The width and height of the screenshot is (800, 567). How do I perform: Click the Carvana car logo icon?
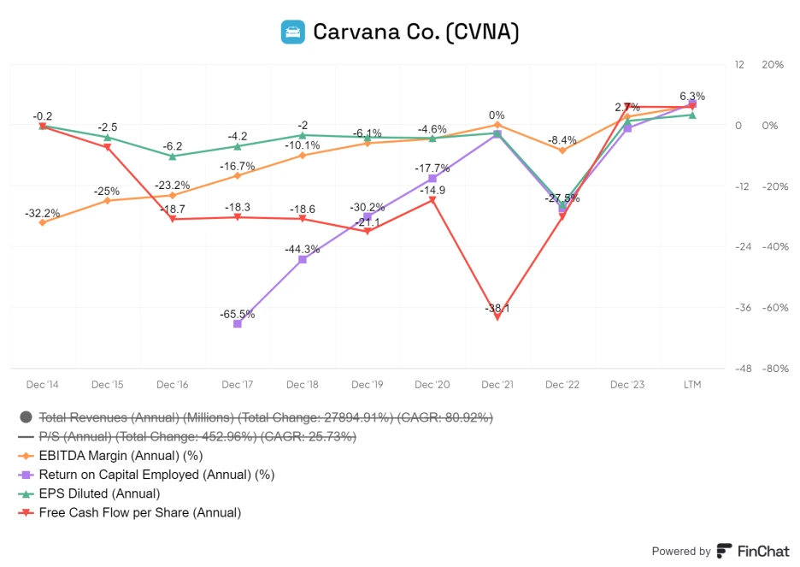(293, 32)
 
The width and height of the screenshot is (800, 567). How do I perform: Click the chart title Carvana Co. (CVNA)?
(415, 32)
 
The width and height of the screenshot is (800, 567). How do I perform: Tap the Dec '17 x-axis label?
(238, 385)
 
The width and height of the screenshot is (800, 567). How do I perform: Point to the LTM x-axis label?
(692, 385)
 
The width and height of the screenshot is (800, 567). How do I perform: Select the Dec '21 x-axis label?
(497, 385)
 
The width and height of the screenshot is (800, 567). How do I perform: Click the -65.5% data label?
(238, 314)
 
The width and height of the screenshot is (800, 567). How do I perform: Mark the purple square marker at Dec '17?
(238, 324)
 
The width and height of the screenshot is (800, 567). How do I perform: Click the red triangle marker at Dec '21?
(497, 317)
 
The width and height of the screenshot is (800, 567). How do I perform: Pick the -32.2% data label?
(43, 213)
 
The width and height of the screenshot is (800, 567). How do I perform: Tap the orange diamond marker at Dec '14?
(43, 222)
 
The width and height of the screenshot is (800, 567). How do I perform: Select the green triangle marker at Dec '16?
(173, 156)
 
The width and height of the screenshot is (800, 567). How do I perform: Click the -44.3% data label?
(303, 249)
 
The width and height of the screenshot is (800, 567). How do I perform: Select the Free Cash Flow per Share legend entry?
(140, 513)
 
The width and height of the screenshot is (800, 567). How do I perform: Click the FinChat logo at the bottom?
(753, 552)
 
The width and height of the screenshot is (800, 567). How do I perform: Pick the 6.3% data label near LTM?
(692, 96)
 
